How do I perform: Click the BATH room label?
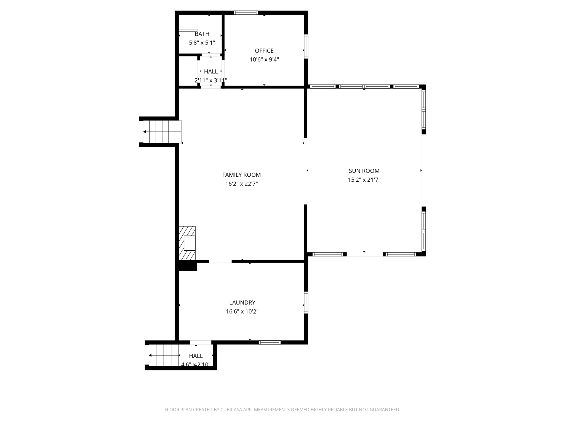202,34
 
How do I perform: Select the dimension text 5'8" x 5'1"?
202,43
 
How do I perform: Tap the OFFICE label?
264,51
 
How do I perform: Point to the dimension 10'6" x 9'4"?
264,60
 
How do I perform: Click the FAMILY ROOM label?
241,175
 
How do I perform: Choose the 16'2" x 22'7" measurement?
241,184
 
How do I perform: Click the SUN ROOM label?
364,171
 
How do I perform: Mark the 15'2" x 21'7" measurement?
364,180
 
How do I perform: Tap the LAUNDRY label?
242,303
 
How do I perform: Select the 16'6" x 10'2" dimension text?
242,312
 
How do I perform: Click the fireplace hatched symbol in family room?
187,243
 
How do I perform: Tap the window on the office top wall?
246,13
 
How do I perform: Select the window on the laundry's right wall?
306,302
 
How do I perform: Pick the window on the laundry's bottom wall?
270,342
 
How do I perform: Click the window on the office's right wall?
306,46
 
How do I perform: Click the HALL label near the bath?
211,71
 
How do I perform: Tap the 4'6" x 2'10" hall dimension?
196,365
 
